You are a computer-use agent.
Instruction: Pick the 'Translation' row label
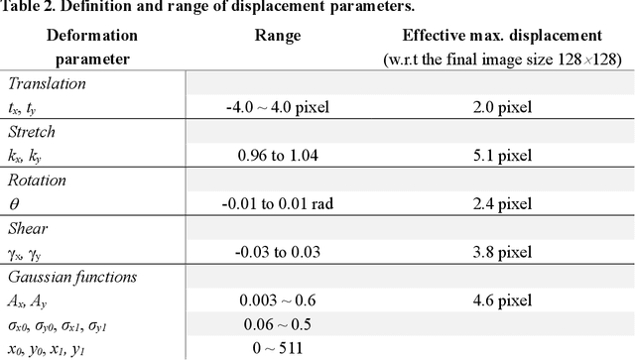47,84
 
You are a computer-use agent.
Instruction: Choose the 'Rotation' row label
37,180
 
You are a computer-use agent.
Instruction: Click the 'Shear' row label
28,228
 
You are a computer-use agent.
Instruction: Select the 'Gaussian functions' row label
71,277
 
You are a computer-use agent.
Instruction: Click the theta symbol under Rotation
13,204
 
